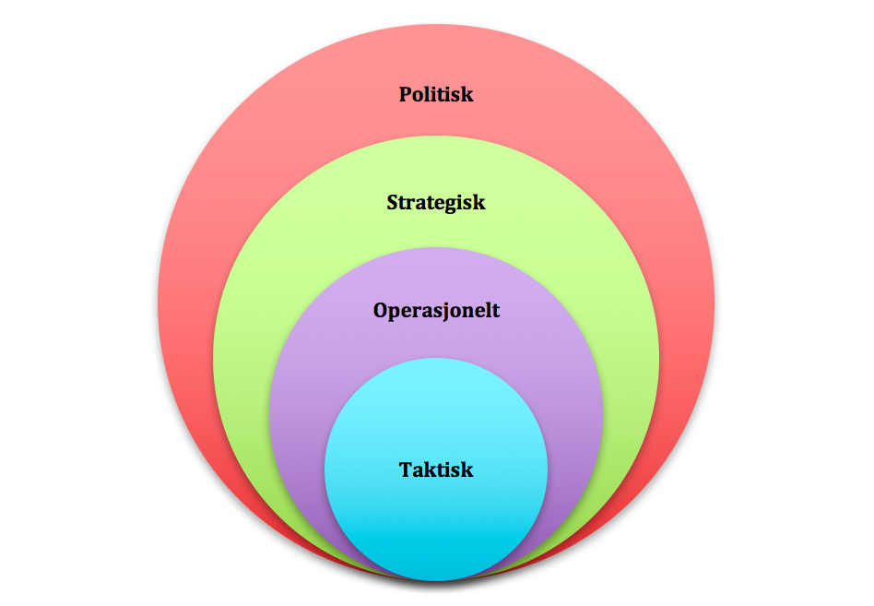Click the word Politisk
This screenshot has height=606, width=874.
click(436, 94)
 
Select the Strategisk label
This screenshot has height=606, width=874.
click(436, 202)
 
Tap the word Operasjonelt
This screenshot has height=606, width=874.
click(436, 310)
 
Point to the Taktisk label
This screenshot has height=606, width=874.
click(436, 469)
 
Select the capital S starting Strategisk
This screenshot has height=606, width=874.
click(393, 202)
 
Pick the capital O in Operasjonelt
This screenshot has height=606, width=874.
click(381, 310)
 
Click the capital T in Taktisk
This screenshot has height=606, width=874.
click(406, 469)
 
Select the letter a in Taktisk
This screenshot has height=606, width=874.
click(417, 470)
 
